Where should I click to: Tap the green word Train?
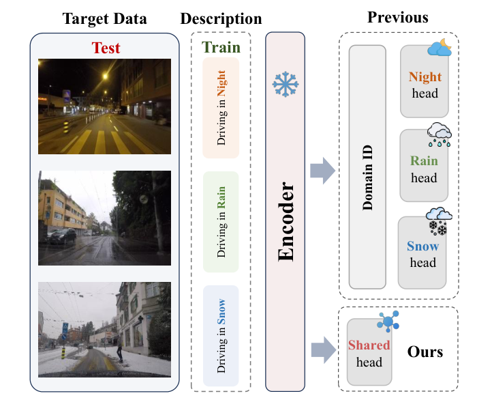click(x=220, y=48)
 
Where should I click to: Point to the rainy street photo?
click(x=104, y=217)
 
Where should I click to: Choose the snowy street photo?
click(x=104, y=329)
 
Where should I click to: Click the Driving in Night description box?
click(x=221, y=107)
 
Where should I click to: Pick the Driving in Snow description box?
click(x=221, y=335)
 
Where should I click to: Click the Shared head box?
click(x=369, y=353)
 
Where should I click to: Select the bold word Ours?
click(x=425, y=352)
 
